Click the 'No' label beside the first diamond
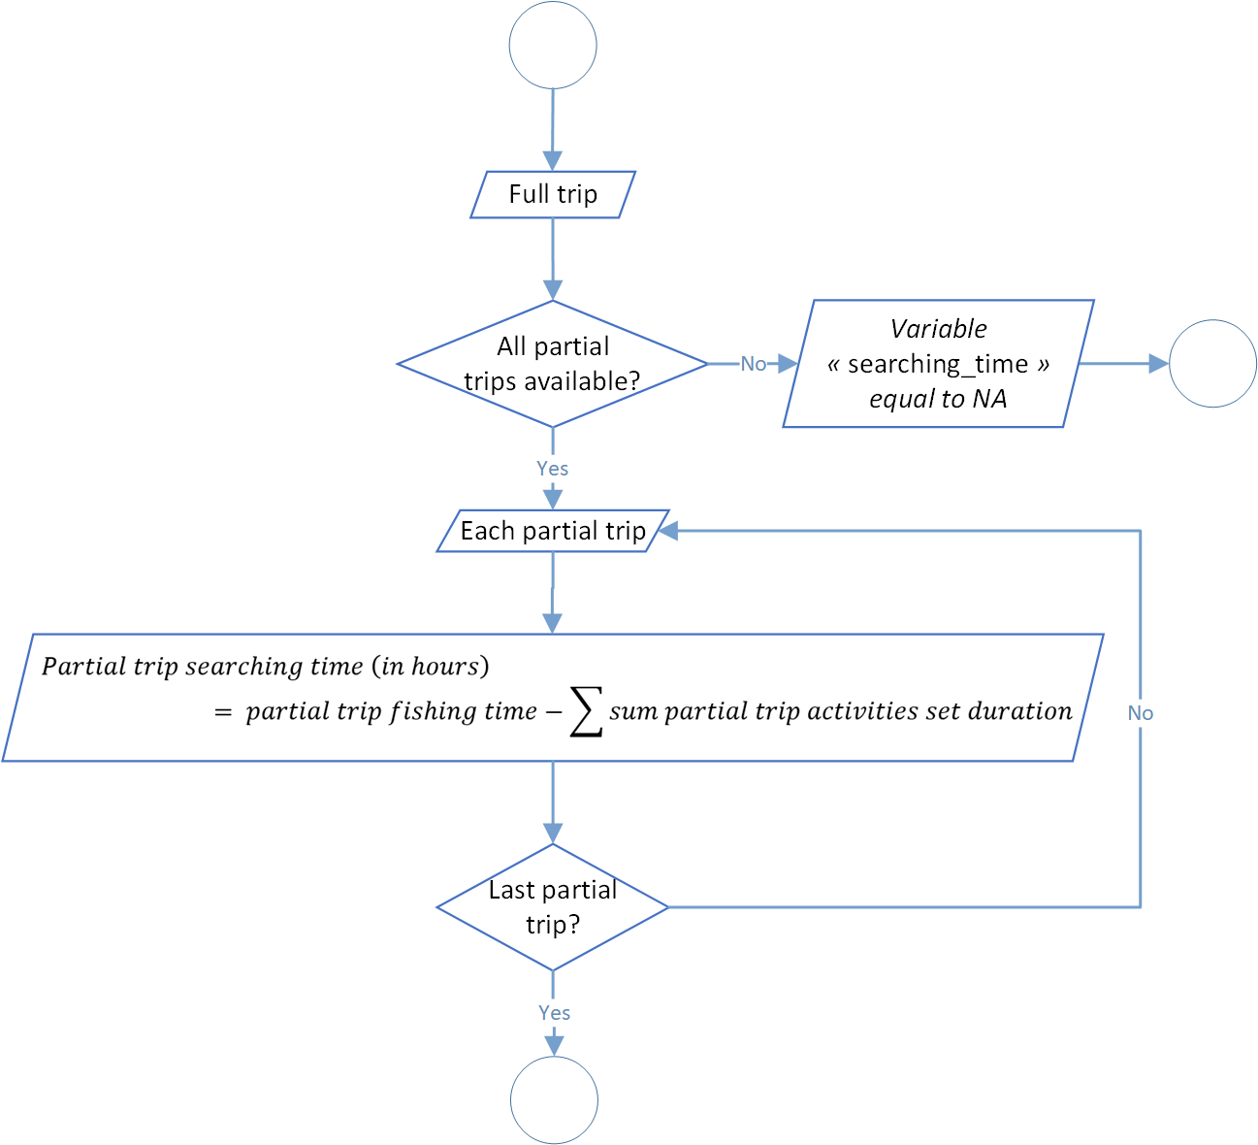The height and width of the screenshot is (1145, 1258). [754, 364]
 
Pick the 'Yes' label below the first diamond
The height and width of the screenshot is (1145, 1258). [553, 469]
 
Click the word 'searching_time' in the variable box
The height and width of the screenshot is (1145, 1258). [938, 365]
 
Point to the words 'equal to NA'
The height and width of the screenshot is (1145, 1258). [938, 399]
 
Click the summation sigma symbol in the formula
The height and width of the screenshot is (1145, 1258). [587, 711]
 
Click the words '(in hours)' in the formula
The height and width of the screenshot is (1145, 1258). [431, 667]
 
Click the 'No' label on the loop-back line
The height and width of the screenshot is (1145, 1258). [1140, 713]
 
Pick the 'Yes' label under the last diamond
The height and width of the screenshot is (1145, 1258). [555, 1013]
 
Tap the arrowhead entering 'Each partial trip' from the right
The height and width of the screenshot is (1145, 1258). [668, 531]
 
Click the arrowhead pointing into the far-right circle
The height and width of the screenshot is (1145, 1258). [1159, 363]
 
